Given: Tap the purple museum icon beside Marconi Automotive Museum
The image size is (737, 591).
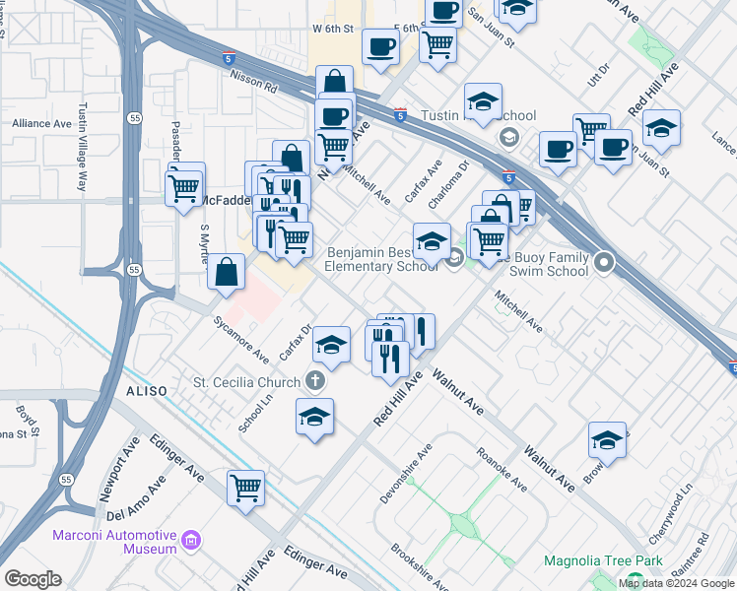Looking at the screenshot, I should point(191,540).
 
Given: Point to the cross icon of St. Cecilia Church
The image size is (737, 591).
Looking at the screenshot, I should point(314,380).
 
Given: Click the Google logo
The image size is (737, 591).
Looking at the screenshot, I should point(32,579).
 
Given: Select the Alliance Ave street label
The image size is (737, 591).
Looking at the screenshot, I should point(41,124).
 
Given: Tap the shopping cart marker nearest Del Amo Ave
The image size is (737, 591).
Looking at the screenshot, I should point(245,487).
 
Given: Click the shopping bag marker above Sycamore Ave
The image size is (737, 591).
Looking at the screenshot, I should point(227,273).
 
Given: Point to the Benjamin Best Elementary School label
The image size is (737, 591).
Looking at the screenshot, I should point(381,259).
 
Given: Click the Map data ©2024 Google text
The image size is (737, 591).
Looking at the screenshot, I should point(676,583).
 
